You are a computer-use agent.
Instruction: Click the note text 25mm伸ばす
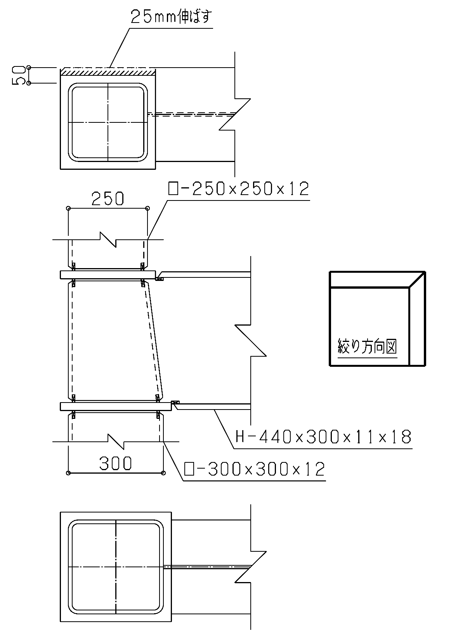171,17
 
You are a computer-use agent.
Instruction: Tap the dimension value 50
18,75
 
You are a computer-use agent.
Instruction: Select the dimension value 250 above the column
108,199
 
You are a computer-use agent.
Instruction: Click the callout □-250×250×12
238,188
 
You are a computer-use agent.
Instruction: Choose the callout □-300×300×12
254,469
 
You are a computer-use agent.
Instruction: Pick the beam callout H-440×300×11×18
324,437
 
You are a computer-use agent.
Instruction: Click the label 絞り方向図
367,346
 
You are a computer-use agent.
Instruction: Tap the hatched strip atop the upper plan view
108,72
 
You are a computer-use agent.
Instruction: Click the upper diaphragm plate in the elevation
108,275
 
